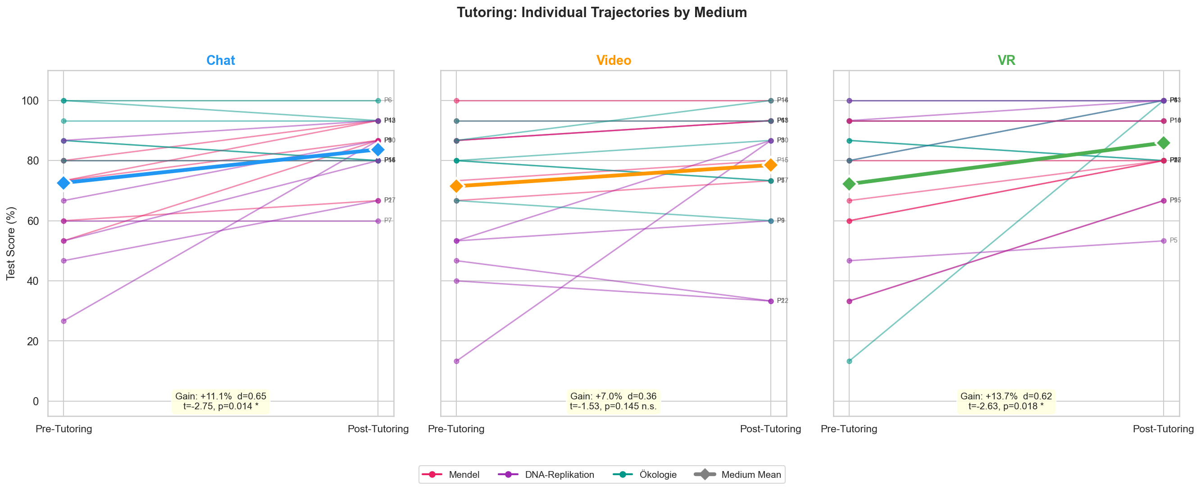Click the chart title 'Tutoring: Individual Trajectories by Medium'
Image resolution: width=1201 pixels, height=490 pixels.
click(x=601, y=13)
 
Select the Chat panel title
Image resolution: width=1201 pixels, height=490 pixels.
click(x=221, y=61)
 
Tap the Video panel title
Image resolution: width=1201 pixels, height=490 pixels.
click(x=614, y=61)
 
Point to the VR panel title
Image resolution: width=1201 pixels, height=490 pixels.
click(x=1006, y=61)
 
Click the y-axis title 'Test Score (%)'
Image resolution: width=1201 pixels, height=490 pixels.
click(x=11, y=243)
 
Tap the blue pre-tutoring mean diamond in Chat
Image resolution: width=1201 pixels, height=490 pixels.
click(x=64, y=183)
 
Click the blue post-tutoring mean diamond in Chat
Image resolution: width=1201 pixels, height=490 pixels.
click(x=378, y=149)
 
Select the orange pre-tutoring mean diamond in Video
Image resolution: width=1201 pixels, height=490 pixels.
click(x=456, y=186)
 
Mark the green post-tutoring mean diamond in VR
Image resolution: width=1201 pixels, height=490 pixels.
click(x=1163, y=143)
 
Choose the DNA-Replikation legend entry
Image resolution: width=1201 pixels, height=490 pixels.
click(x=546, y=475)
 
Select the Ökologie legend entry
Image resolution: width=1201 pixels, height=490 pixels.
click(x=645, y=475)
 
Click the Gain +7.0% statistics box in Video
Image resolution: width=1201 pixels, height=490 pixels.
click(x=613, y=401)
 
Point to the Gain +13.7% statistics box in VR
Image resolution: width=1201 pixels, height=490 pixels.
click(x=1006, y=401)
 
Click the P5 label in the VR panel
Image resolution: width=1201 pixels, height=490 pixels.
click(x=1174, y=241)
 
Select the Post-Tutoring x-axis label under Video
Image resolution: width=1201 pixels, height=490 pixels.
click(x=770, y=429)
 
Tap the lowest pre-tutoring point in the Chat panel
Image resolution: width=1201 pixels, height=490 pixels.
click(x=64, y=321)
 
